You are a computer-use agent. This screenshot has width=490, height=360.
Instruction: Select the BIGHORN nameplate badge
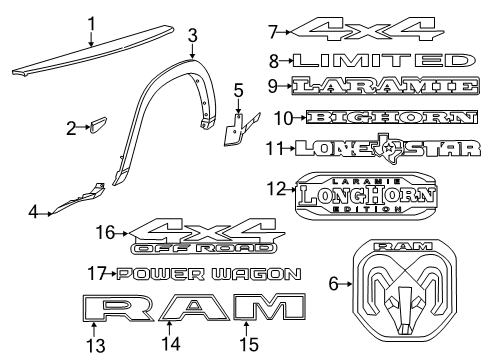pos(388,118)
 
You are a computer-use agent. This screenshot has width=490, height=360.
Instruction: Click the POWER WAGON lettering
pos(208,273)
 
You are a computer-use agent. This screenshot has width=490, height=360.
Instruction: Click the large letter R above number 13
pos(105,312)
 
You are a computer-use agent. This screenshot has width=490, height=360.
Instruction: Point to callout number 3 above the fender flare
pos(191,34)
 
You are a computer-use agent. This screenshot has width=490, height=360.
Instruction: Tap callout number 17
pos(95,273)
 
